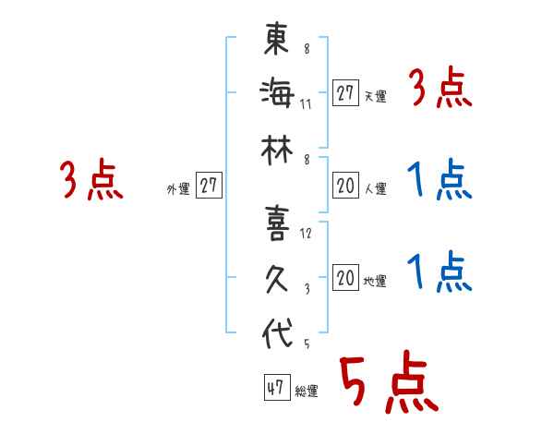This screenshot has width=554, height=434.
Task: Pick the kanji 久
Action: pos(278,278)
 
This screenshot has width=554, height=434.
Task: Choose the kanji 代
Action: pos(278,333)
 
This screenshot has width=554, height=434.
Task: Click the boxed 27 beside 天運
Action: pos(345,93)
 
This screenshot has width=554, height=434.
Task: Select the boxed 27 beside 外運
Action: pos(210,186)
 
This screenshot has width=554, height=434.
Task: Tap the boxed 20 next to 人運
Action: pos(345,186)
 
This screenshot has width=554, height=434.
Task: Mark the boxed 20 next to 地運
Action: pos(345,278)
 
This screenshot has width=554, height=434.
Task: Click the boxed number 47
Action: pos(275,388)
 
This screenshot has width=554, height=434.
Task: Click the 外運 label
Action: pos(178,189)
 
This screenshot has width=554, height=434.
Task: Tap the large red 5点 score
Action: pos(388,386)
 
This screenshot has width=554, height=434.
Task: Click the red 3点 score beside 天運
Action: pos(440,90)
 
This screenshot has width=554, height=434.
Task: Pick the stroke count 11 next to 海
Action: pos(306,103)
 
